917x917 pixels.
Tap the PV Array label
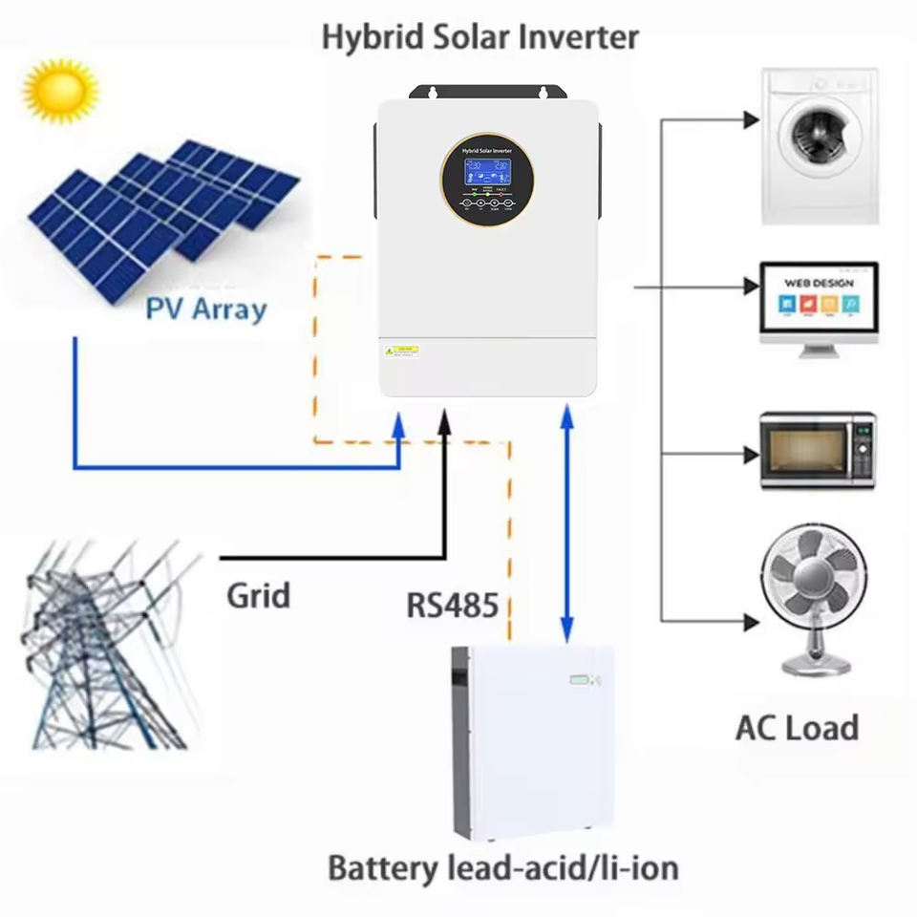pyautogui.click(x=205, y=309)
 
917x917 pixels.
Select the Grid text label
pyautogui.click(x=258, y=596)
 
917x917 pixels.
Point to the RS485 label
pyautogui.click(x=452, y=606)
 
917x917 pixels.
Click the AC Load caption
pyautogui.click(x=797, y=728)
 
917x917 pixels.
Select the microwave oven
pyautogui.click(x=817, y=450)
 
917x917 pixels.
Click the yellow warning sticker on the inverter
pyautogui.click(x=402, y=352)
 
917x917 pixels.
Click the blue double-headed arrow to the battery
pyautogui.click(x=566, y=521)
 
